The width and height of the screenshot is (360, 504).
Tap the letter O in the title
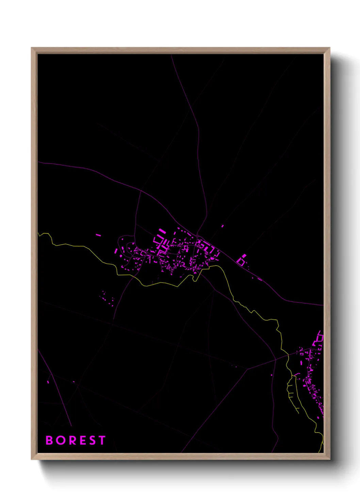pyautogui.click(x=61, y=440)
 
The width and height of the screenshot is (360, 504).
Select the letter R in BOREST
pyautogui.click(x=73, y=440)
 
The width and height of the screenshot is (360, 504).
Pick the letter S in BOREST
pyautogui.click(x=93, y=440)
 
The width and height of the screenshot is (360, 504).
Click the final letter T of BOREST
pyautogui.click(x=102, y=440)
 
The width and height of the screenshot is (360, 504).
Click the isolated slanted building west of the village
pyautogui.click(x=98, y=235)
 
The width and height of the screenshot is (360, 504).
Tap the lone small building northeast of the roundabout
pyautogui.click(x=223, y=226)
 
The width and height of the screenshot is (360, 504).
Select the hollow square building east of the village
pyautogui.click(x=241, y=262)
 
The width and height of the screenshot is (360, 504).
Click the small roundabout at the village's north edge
pyautogui.click(x=197, y=236)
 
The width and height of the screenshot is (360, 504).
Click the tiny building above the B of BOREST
pyautogui.click(x=48, y=382)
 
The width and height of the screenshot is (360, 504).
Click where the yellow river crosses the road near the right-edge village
pyautogui.click(x=288, y=355)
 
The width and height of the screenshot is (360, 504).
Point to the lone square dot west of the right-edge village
pyautogui.click(x=272, y=375)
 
